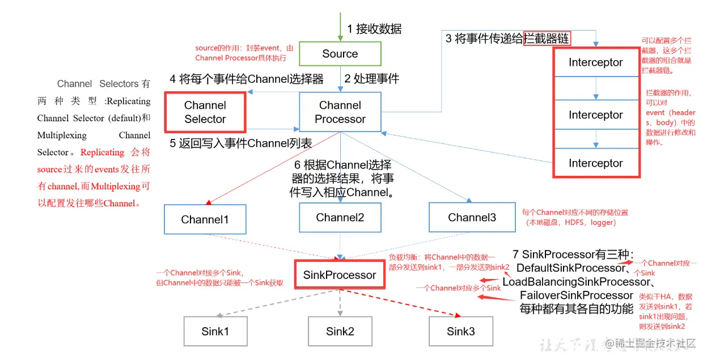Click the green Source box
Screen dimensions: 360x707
pos(340,54)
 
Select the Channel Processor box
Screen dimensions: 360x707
pos(340,112)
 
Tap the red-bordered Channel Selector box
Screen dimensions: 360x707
pos(205,112)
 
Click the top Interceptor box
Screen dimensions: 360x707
pos(595,63)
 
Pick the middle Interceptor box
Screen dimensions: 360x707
pos(595,115)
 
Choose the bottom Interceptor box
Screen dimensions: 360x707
pos(595,163)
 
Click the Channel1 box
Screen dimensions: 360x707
pos(205,219)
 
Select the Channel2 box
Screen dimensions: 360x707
pos(340,218)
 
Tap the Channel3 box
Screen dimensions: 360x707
pos(471,218)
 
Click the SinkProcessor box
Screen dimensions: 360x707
pos(340,275)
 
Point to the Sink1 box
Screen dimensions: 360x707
pos(215,332)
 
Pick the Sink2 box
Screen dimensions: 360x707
pos(340,332)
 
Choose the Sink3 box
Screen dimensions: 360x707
pos(460,332)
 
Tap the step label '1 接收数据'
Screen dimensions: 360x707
pos(375,29)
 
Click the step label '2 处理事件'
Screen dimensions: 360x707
pos(372,79)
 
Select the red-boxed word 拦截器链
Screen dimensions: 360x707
pos(547,39)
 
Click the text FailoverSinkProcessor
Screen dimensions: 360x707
pos(576,295)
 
